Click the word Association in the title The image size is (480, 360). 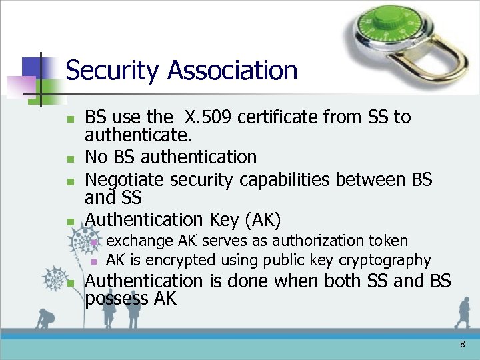(233, 70)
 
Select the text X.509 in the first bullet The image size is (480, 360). (208, 117)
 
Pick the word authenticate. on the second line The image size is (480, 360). (138, 136)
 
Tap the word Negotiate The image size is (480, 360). (125, 180)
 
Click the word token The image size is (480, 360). (391, 241)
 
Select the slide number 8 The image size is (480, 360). (462, 345)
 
